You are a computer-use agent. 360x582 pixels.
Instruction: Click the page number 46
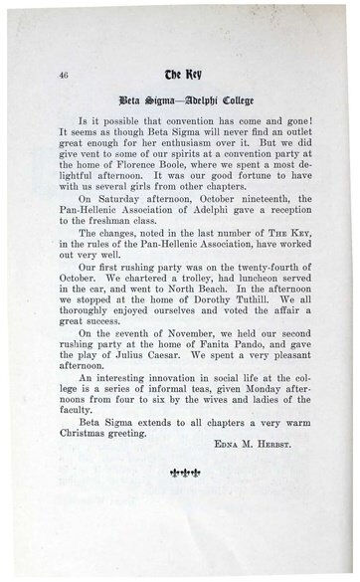pyautogui.click(x=49, y=75)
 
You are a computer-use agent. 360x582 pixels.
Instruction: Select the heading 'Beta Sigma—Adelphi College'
pyautogui.click(x=179, y=102)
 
